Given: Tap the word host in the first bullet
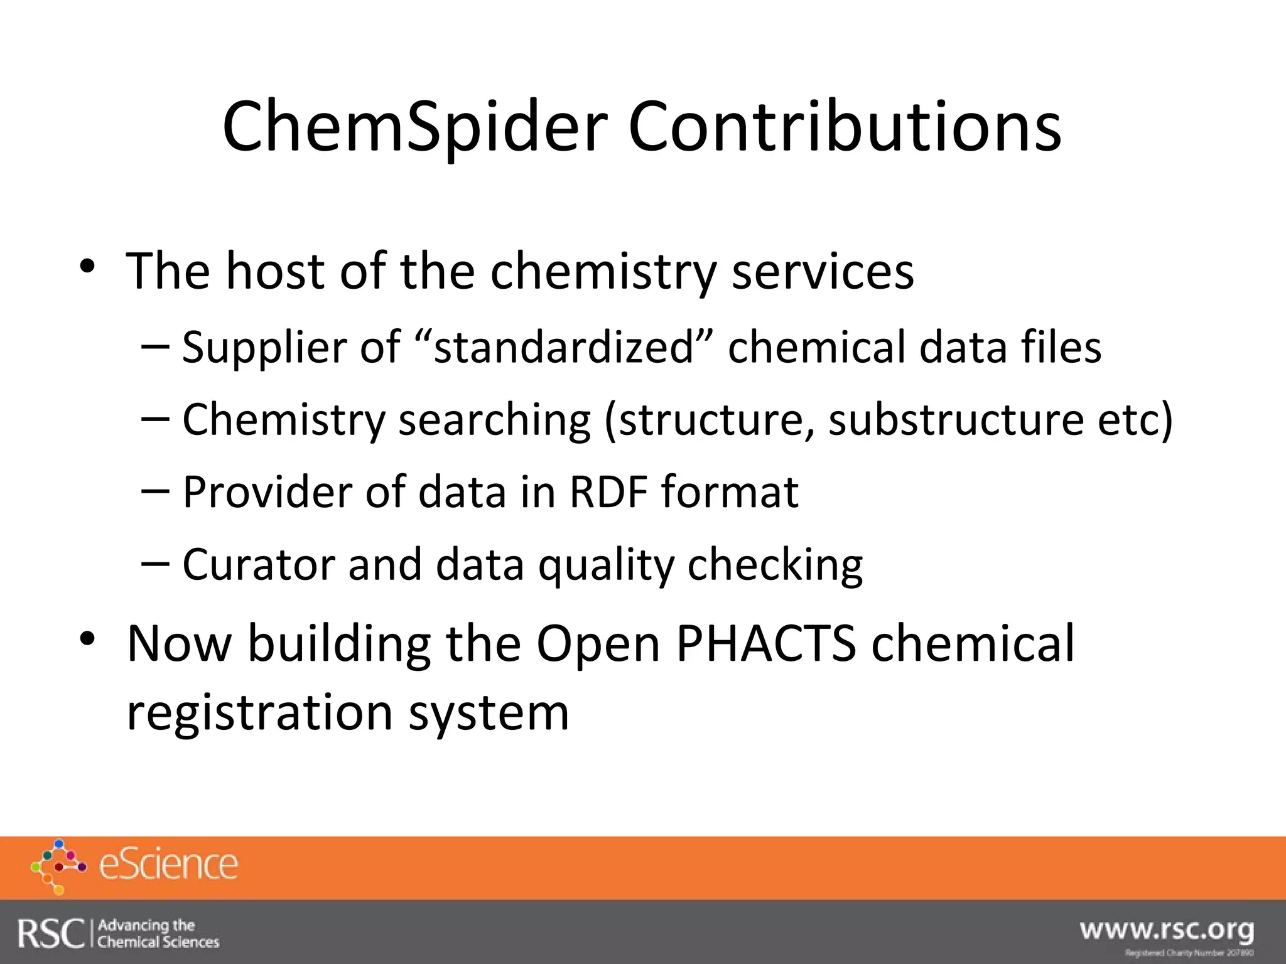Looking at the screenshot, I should [x=275, y=271].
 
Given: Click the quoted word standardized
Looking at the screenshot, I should [x=564, y=347].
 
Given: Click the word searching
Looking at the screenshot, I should [x=495, y=419].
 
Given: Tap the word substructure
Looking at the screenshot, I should [x=955, y=419].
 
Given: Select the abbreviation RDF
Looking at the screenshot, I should [x=608, y=491].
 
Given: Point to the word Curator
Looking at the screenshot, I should [x=257, y=564].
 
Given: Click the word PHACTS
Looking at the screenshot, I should [x=766, y=643].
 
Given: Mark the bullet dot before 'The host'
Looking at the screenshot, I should [x=87, y=266].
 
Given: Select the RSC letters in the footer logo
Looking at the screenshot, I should [x=50, y=933].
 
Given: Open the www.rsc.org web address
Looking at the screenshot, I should [x=1167, y=929].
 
